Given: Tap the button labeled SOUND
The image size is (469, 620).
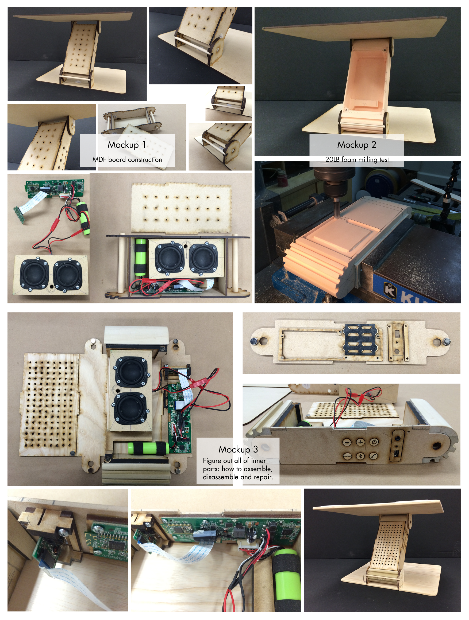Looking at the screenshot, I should (347, 456).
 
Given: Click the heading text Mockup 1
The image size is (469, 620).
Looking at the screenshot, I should (127, 145).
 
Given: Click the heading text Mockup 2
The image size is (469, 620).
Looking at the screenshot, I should (356, 145).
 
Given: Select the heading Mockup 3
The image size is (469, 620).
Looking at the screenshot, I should (238, 449).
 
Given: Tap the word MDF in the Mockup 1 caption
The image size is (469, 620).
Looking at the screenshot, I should (99, 159).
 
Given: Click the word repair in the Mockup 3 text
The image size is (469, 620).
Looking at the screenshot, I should (263, 477).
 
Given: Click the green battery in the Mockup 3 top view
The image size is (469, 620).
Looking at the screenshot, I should (148, 448).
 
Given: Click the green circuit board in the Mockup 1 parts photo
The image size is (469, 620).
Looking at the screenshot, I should (55, 188).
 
